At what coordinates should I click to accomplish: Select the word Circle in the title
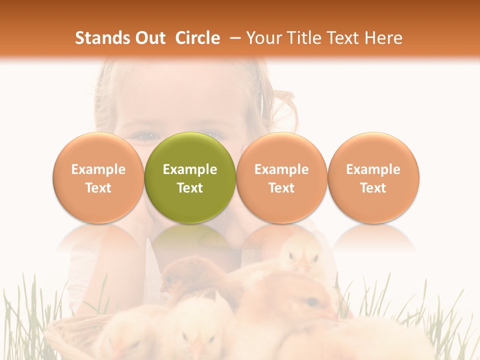pos(197,38)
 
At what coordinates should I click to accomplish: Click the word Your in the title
pos(261,38)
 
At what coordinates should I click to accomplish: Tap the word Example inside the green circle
pos(190,169)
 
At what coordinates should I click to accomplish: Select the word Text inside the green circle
pos(190,188)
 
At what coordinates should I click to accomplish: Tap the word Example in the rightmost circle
pos(373,169)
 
